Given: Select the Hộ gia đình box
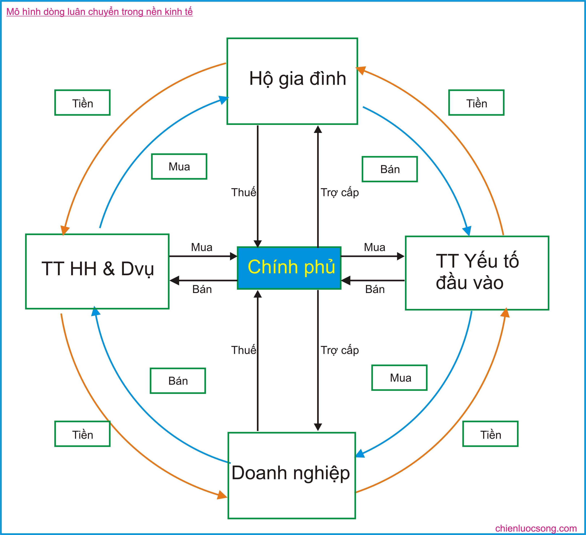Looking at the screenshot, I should click(292, 81).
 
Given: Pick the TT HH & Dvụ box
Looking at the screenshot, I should click(97, 271).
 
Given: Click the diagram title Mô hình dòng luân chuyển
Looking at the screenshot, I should click(99, 12).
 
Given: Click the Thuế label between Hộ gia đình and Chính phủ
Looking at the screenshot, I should click(244, 192).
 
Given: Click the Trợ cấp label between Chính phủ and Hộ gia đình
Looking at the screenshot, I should click(340, 192).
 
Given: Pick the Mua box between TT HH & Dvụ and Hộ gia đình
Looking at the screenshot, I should click(179, 166).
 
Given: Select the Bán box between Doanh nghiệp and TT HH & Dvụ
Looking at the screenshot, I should click(178, 381).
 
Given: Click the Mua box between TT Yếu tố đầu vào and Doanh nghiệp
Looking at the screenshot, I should click(399, 378).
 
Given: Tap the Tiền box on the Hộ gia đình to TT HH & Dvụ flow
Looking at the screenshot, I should click(83, 103).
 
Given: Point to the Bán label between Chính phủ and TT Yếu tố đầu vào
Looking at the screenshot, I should click(375, 290).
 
